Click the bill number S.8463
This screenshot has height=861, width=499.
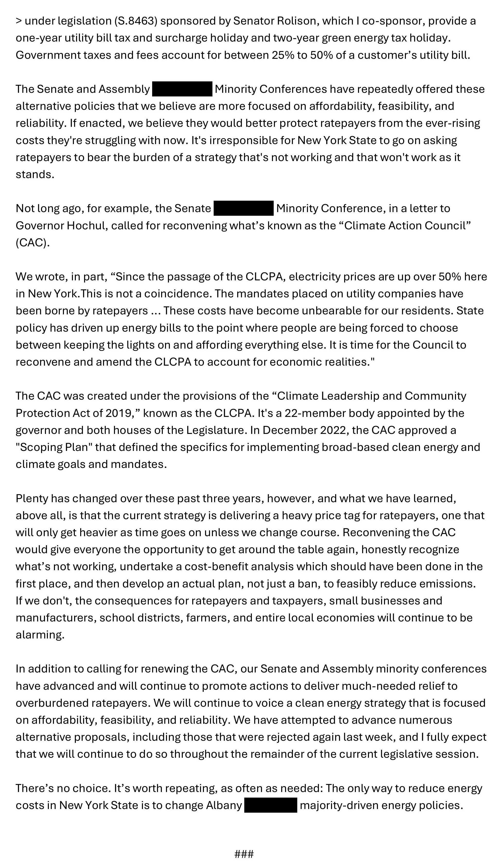[135, 21]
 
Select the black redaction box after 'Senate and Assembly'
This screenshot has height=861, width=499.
[182, 89]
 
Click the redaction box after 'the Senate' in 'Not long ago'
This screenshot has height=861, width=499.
[243, 208]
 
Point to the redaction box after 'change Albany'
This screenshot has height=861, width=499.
[271, 805]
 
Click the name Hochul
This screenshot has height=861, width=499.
[86, 225]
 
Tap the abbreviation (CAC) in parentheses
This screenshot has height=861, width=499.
[33, 243]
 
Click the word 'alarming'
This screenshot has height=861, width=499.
[40, 635]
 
